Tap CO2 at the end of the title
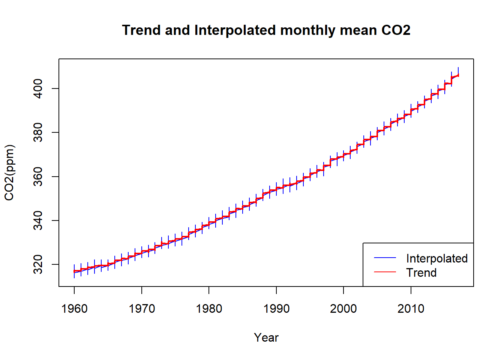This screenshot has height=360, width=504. click(x=396, y=30)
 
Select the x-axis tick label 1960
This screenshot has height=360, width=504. click(x=74, y=309)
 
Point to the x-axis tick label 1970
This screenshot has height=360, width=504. click(x=142, y=309)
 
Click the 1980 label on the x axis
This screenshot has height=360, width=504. click(x=209, y=309)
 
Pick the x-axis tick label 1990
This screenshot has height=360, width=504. click(x=276, y=309)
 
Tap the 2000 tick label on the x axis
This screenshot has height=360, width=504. click(x=343, y=309)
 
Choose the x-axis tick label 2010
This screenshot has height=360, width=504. click(x=411, y=309)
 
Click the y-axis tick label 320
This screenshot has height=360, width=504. click(x=38, y=264)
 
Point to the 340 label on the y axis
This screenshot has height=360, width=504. click(x=38, y=220)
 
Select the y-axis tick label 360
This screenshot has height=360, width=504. click(x=38, y=177)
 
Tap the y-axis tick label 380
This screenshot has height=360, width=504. click(x=38, y=132)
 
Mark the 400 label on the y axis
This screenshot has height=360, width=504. click(x=38, y=88)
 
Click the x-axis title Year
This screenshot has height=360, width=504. click(x=266, y=337)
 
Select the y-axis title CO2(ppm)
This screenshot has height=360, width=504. click(x=9, y=172)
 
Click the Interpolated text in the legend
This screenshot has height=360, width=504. click(x=437, y=258)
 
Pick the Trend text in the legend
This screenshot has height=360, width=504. click(x=421, y=273)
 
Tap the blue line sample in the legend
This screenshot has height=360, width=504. click(x=385, y=258)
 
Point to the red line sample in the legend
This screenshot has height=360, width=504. click(x=385, y=272)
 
